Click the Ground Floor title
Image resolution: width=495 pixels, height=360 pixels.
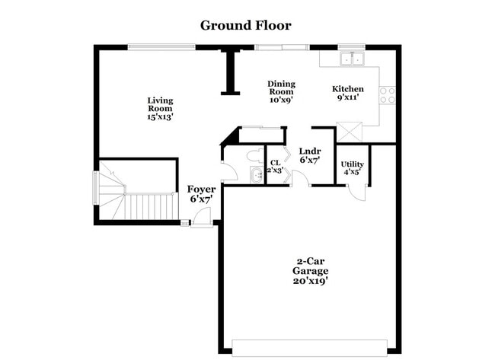click(x=245, y=25)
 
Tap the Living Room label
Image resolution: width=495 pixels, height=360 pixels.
click(x=159, y=108)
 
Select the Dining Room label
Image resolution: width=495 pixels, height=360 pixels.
click(x=281, y=91)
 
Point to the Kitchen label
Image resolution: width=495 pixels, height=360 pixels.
click(x=348, y=93)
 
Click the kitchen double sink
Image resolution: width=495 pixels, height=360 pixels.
click(x=353, y=57)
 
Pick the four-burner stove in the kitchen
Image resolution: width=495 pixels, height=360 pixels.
click(x=388, y=94)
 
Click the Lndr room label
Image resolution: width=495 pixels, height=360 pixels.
click(x=309, y=155)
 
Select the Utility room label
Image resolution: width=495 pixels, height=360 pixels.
click(x=352, y=167)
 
